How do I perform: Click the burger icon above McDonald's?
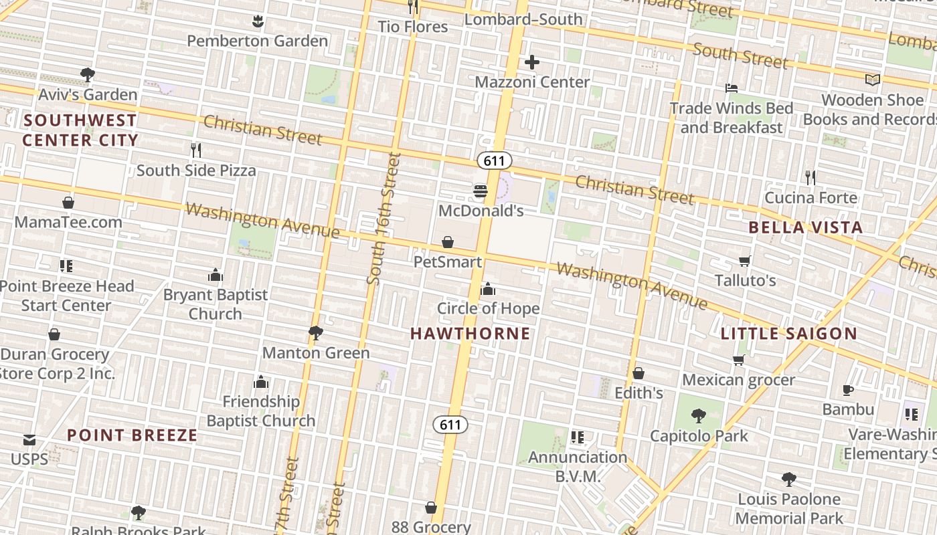pyautogui.click(x=480, y=191)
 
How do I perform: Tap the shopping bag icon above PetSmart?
pyautogui.click(x=448, y=242)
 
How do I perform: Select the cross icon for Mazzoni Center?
pyautogui.click(x=532, y=63)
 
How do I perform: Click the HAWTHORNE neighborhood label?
pyautogui.click(x=470, y=333)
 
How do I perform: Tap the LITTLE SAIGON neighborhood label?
pyautogui.click(x=788, y=333)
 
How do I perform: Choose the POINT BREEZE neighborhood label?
pyautogui.click(x=133, y=435)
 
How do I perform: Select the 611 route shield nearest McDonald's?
pyautogui.click(x=494, y=160)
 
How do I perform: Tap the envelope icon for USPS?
pyautogui.click(x=29, y=440)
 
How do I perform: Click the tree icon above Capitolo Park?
pyautogui.click(x=699, y=416)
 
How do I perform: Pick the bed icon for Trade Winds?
pyautogui.click(x=732, y=88)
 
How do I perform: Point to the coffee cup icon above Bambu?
pyautogui.click(x=848, y=390)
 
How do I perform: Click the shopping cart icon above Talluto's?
pyautogui.click(x=745, y=261)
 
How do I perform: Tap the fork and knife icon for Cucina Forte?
pyautogui.click(x=811, y=178)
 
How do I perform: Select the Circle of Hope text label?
pyautogui.click(x=488, y=308)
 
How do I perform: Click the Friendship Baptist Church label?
pyautogui.click(x=260, y=411)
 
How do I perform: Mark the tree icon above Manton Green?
pyautogui.click(x=316, y=332)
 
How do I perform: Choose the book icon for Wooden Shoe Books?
pyautogui.click(x=872, y=80)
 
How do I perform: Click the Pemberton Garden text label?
pyautogui.click(x=257, y=41)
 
